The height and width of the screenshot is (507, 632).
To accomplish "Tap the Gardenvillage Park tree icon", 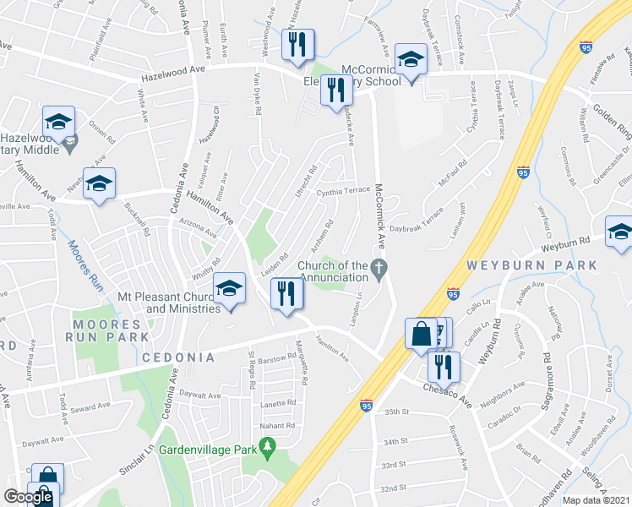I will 269,447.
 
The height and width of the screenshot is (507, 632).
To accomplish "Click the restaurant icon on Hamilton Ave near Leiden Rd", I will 286,295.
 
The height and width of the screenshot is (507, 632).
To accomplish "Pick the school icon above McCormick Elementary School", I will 411,61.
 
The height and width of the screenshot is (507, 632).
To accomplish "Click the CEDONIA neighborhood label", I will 177,357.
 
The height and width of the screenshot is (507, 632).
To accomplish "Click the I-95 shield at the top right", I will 587,49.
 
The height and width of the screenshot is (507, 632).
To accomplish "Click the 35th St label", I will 395,412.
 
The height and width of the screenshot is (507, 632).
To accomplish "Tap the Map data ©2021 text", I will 596,500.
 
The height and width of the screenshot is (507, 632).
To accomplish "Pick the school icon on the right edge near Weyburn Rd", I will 619,232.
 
